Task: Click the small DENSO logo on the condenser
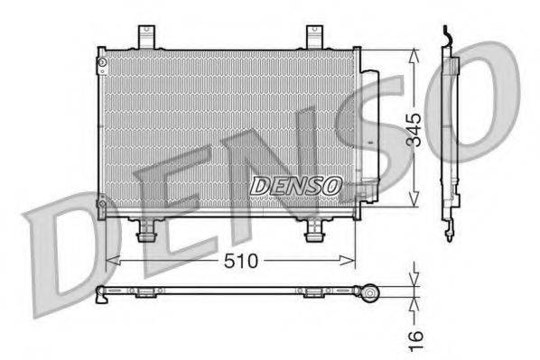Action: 295,186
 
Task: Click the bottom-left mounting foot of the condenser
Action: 142,232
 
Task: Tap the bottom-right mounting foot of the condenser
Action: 313,232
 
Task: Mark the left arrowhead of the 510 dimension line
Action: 113,261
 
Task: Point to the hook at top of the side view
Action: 445,34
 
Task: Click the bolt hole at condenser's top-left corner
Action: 103,61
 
